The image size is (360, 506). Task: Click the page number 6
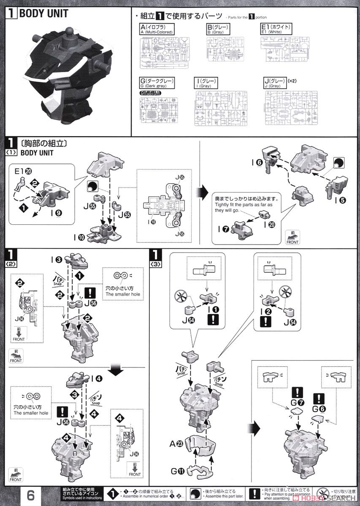(30, 494)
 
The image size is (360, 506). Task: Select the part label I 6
(259, 162)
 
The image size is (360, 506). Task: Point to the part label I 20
(268, 225)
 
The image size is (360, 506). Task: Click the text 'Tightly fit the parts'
(245, 205)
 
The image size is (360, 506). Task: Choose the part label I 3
(58, 259)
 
